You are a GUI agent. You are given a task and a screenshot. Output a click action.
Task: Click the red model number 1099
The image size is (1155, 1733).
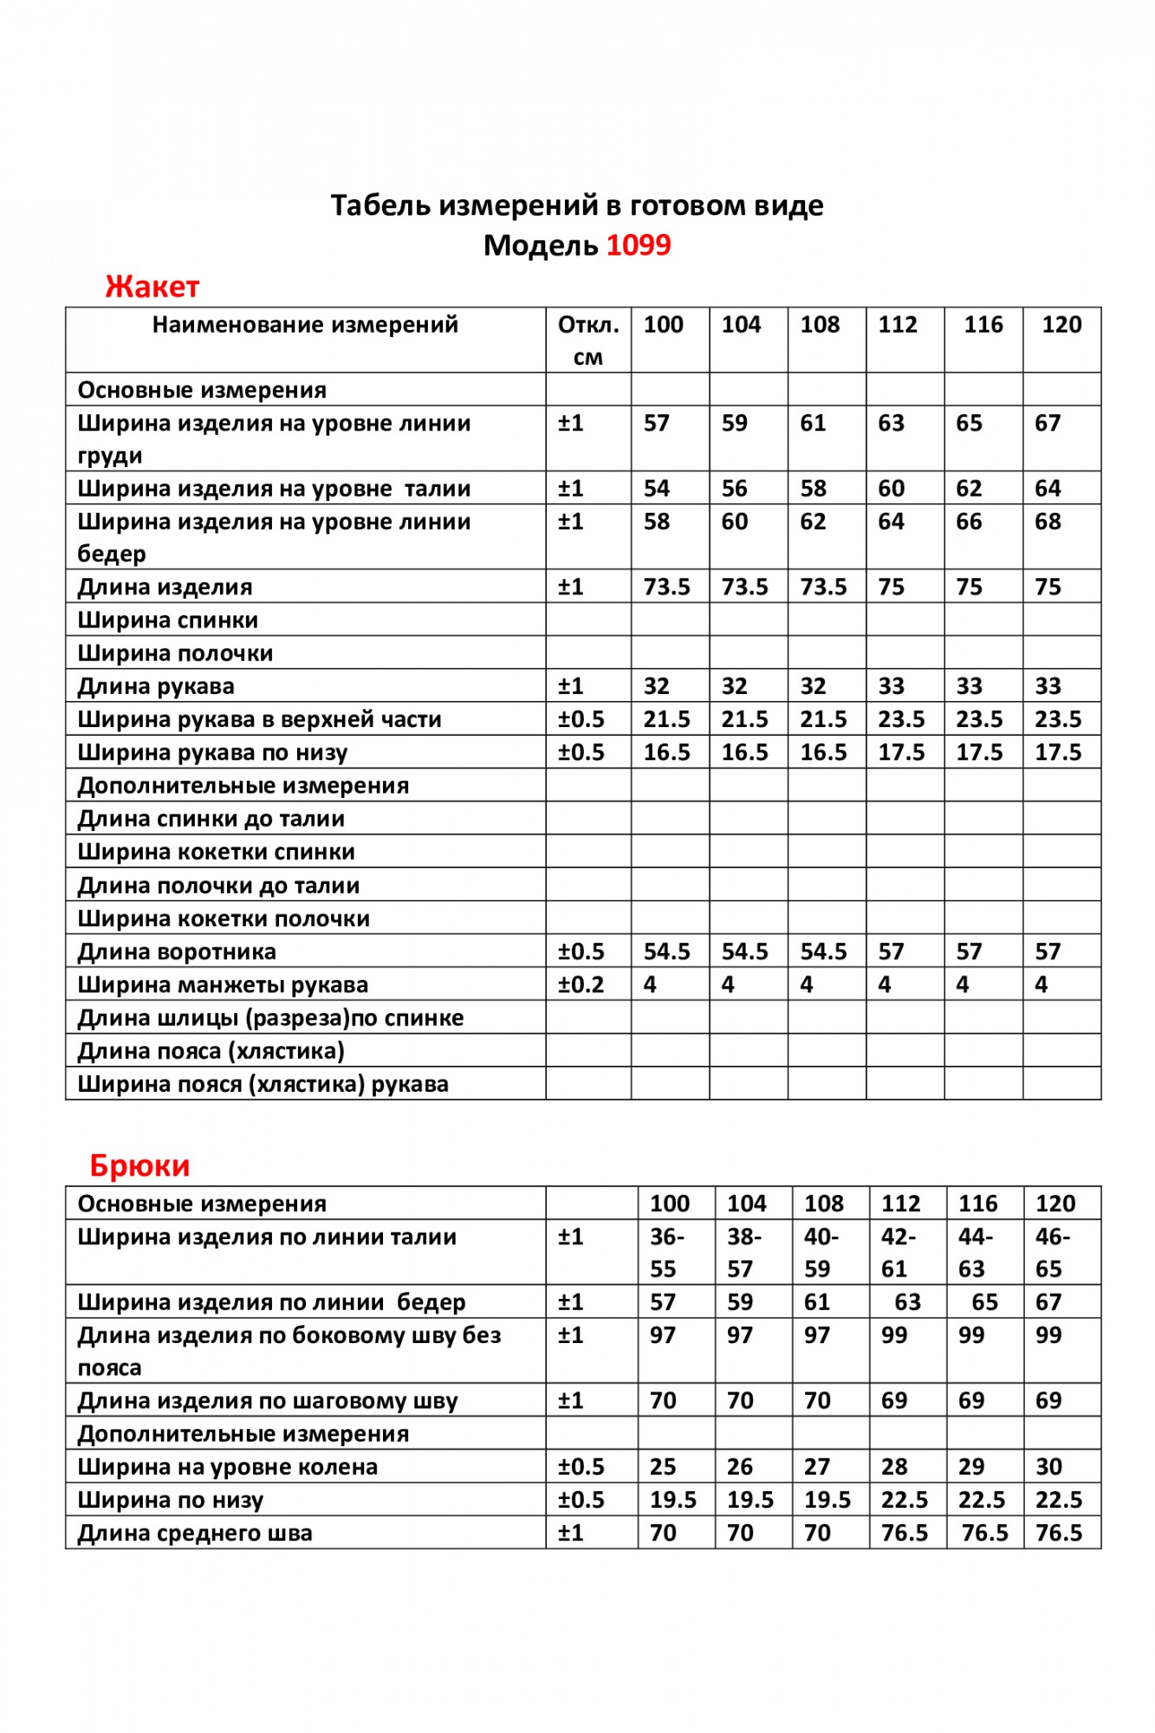pyautogui.click(x=638, y=245)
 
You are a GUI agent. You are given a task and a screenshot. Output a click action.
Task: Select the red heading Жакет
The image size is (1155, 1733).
pyautogui.click(x=152, y=286)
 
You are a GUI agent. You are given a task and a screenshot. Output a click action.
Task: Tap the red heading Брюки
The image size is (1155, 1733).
pyautogui.click(x=140, y=1165)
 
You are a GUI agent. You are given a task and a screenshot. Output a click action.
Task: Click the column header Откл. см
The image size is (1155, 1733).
pyautogui.click(x=588, y=340)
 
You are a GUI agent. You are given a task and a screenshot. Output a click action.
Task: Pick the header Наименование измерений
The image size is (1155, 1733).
pyautogui.click(x=305, y=325)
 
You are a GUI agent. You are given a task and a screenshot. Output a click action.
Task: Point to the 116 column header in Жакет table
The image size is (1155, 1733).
pyautogui.click(x=983, y=325)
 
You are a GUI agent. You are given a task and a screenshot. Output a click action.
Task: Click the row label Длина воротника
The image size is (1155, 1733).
pyautogui.click(x=177, y=951)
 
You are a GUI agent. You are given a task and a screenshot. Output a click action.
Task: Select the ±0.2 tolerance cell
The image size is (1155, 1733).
pyautogui.click(x=581, y=984)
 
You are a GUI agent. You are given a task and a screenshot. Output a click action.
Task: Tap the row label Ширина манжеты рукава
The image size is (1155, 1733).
pyautogui.click(x=223, y=984)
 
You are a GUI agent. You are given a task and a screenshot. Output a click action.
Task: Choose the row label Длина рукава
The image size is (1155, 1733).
pyautogui.click(x=156, y=686)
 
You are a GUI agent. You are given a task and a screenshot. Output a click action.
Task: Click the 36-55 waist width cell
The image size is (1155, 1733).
pyautogui.click(x=666, y=1252)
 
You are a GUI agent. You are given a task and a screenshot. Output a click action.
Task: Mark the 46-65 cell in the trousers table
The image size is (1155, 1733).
pyautogui.click(x=1052, y=1252)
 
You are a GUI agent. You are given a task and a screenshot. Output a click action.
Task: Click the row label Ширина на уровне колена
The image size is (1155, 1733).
pyautogui.click(x=228, y=1467)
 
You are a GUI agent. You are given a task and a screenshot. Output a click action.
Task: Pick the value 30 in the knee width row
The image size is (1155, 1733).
pyautogui.click(x=1048, y=1467)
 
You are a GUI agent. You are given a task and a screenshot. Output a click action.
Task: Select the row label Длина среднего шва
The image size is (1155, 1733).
pyautogui.click(x=195, y=1533)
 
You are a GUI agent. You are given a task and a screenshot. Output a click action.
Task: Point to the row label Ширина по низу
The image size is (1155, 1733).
pyautogui.click(x=171, y=1500)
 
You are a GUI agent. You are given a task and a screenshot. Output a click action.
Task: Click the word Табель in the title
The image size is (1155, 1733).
pyautogui.click(x=380, y=205)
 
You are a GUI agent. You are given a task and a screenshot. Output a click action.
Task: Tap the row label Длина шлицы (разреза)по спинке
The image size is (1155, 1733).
pyautogui.click(x=270, y=1017)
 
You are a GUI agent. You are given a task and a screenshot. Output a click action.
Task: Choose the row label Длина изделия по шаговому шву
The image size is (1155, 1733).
pyautogui.click(x=268, y=1401)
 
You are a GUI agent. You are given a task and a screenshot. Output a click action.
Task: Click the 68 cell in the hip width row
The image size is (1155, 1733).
pyautogui.click(x=1048, y=522)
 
